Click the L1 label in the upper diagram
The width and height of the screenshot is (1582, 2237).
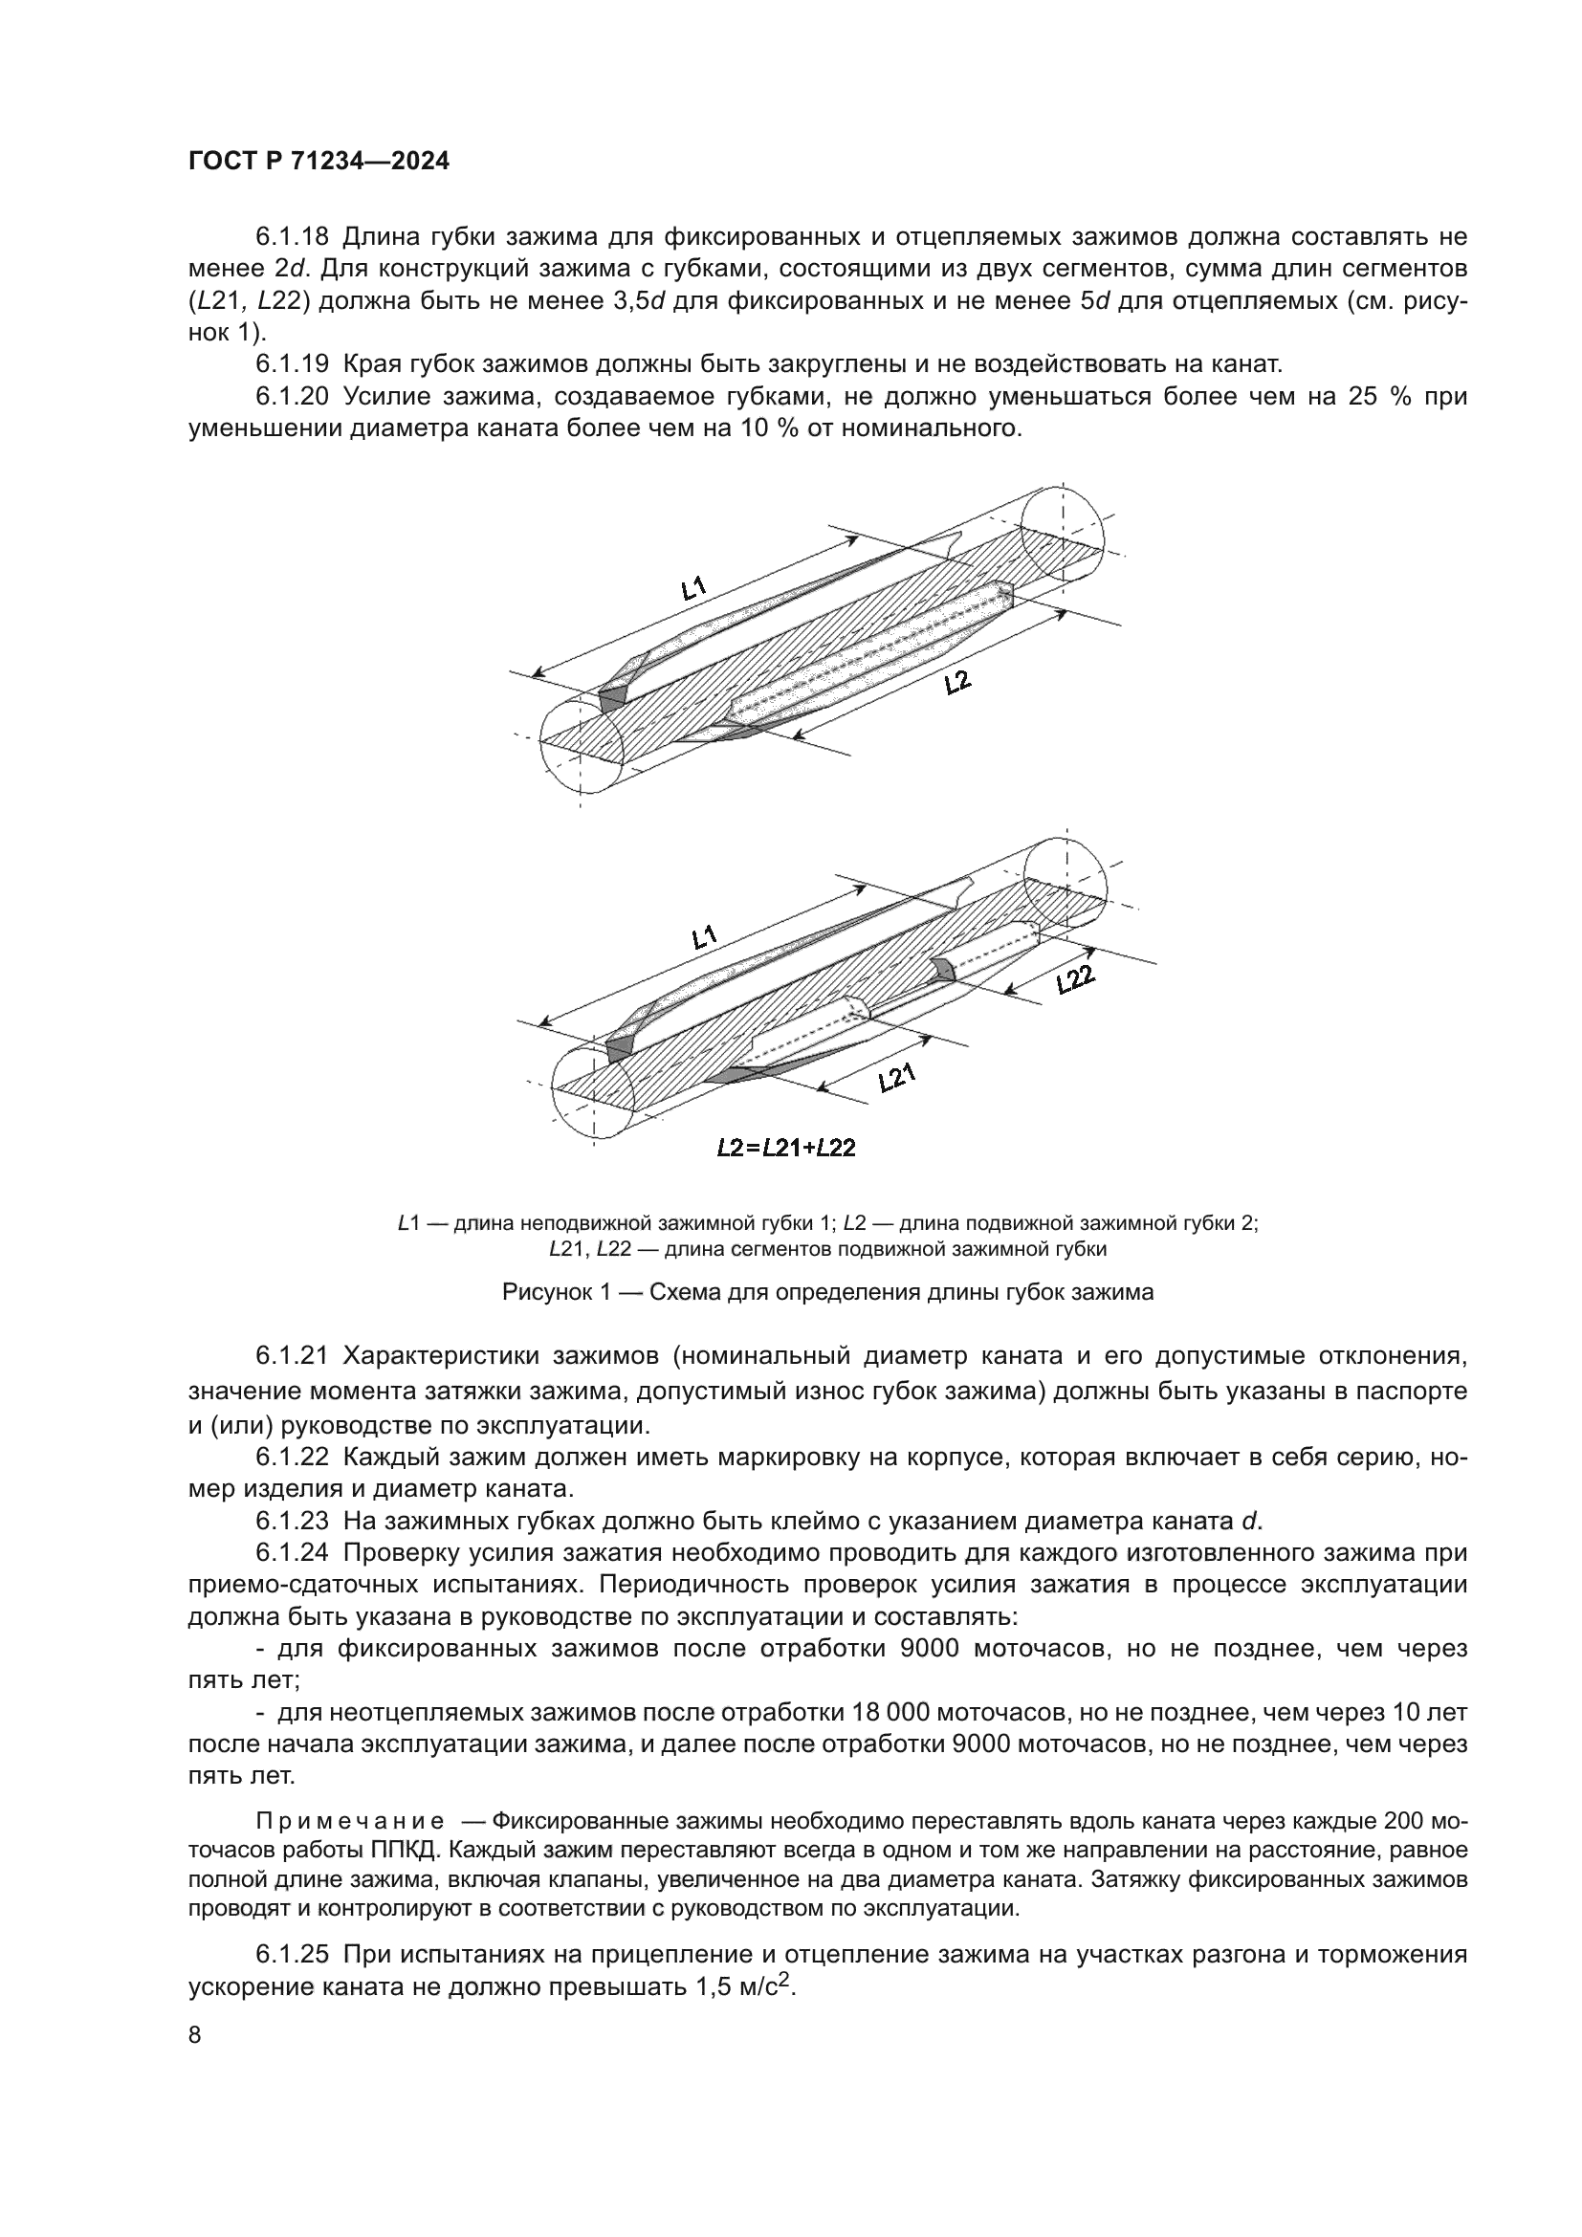click(x=693, y=587)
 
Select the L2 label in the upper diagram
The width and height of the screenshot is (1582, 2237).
click(x=957, y=682)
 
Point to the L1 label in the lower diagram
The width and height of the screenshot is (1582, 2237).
click(x=703, y=938)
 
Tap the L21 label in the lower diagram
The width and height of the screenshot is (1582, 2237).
click(x=896, y=1078)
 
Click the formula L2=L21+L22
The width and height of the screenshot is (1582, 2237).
click(x=785, y=1148)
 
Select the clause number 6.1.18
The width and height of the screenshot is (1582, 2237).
click(x=293, y=237)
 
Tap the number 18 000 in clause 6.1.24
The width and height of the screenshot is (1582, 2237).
click(x=890, y=1713)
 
